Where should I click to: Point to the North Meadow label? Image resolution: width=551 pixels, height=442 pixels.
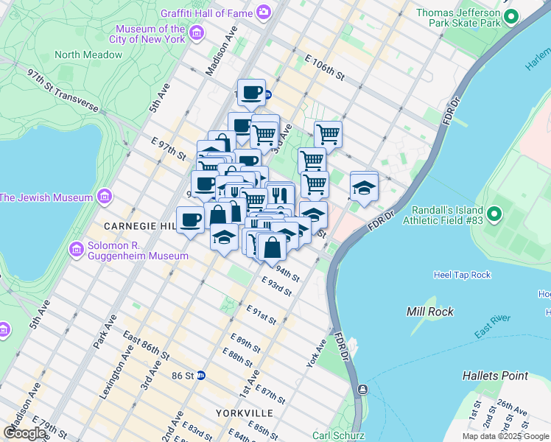coord(88,55)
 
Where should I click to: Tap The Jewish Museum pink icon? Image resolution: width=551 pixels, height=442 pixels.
coord(104,197)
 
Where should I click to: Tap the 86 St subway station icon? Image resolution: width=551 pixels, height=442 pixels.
coord(200,375)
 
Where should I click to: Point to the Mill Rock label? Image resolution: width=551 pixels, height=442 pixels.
coord(428,312)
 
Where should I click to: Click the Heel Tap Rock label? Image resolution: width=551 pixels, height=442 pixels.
coord(462,275)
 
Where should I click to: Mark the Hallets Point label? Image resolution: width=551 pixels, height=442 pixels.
coord(495,376)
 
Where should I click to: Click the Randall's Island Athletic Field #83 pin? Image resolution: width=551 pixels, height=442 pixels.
coord(494,215)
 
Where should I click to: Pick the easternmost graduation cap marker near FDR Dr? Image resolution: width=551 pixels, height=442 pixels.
coord(364,187)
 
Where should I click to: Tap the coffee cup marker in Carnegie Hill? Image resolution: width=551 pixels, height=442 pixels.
coord(191,220)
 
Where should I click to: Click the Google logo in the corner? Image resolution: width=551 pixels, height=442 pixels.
coord(24,433)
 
